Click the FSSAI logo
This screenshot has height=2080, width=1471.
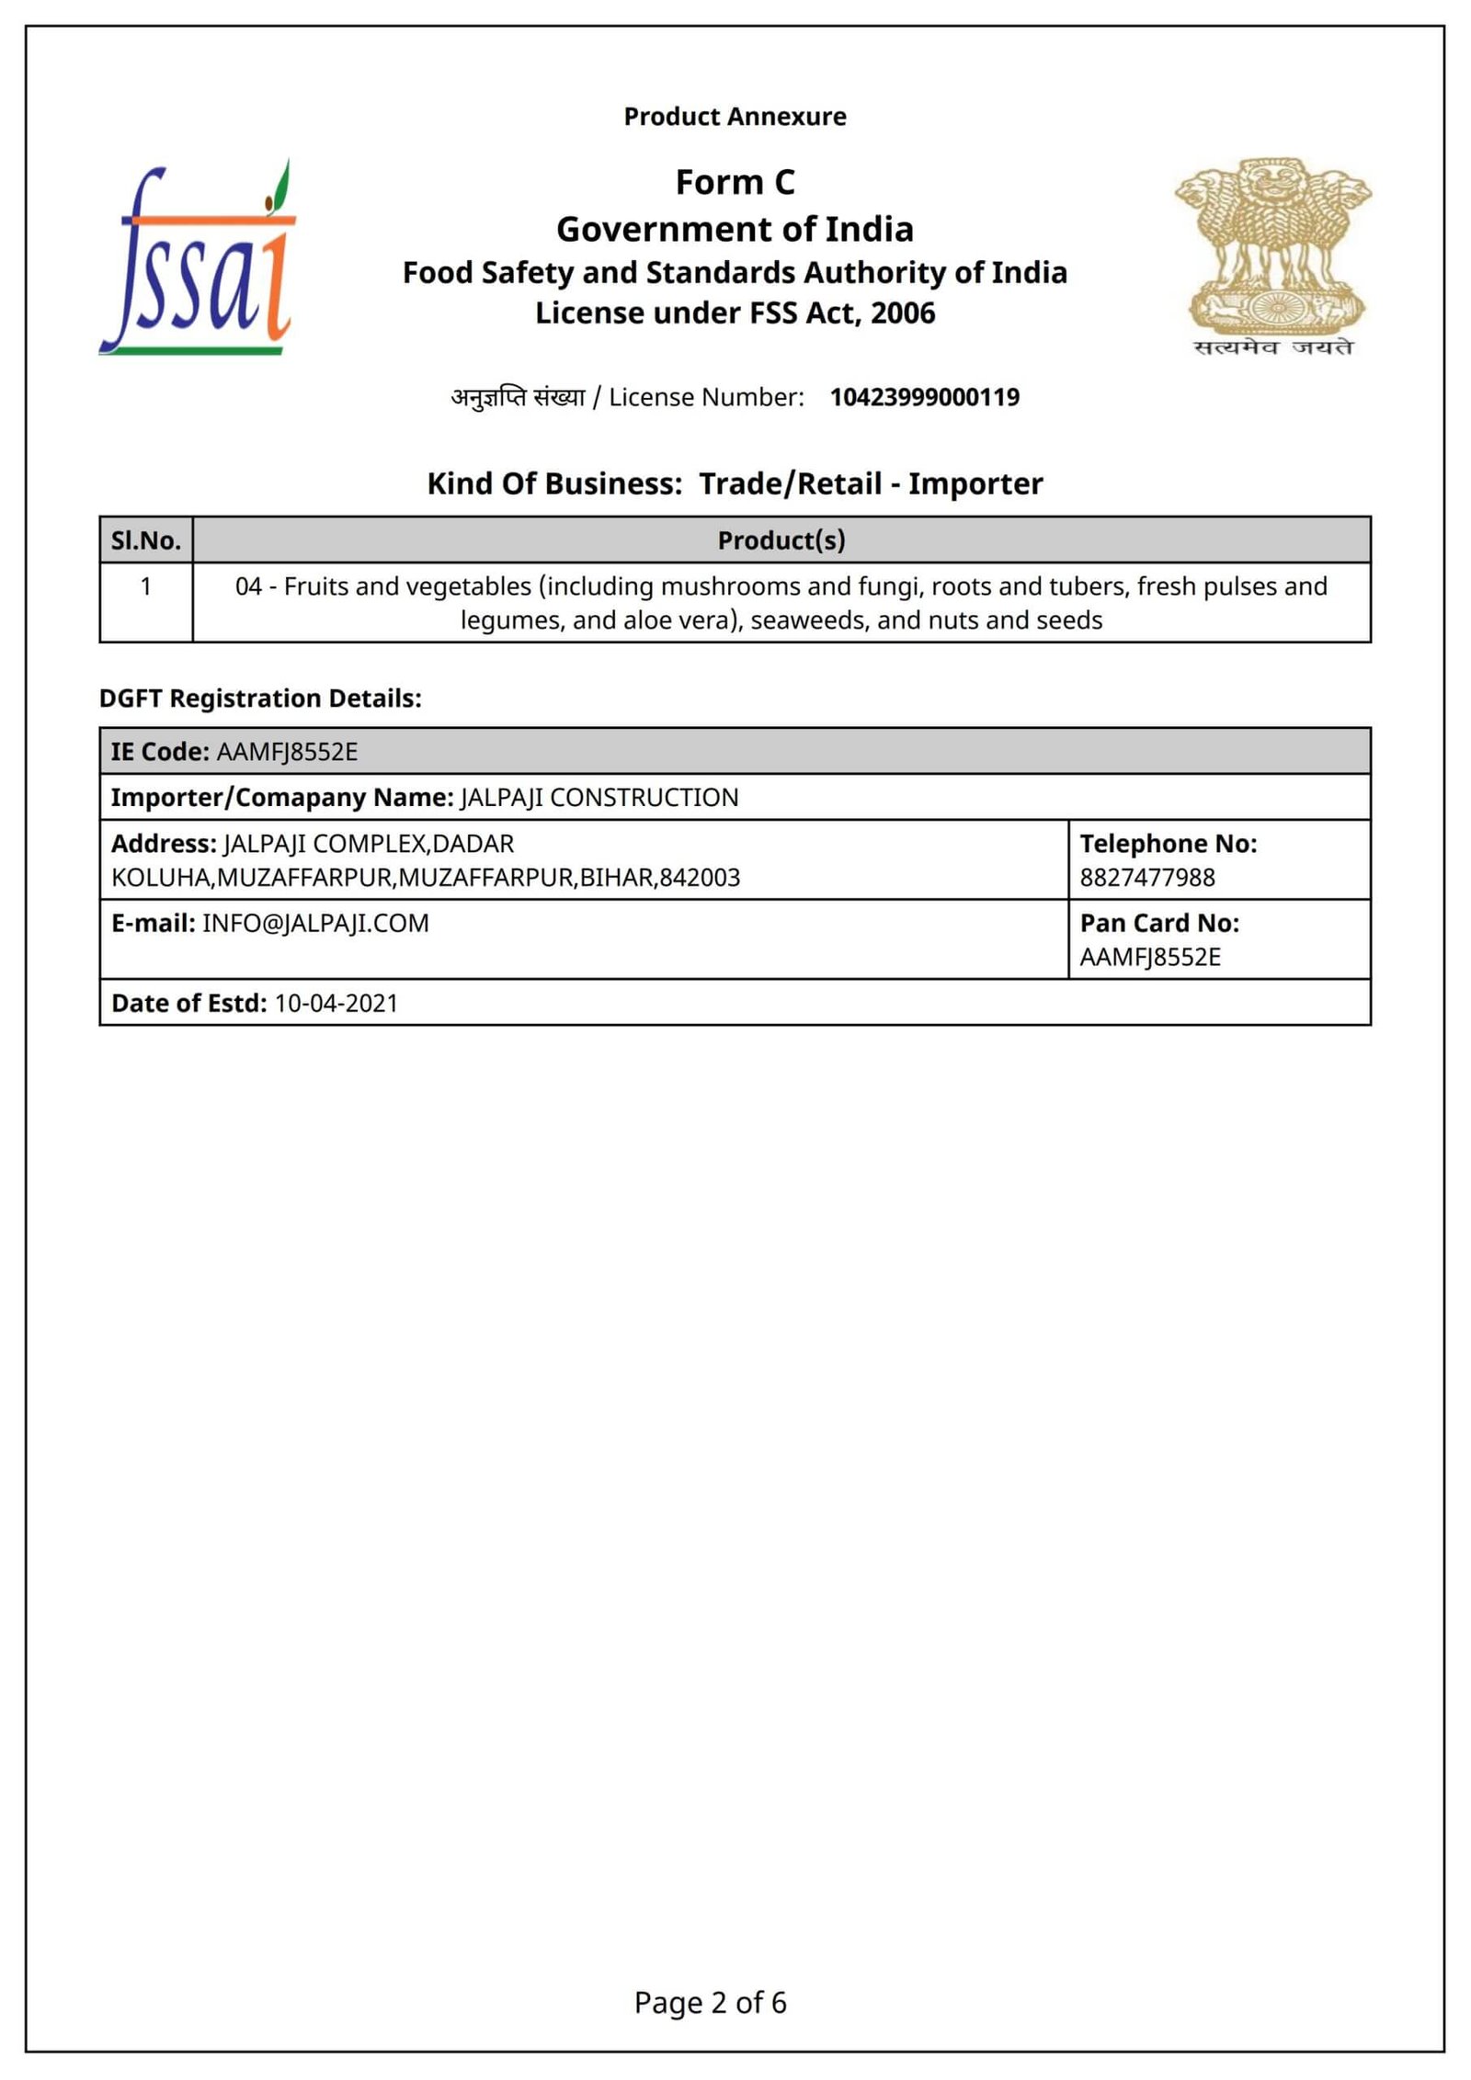pos(199,259)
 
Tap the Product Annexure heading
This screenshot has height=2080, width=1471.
pos(735,117)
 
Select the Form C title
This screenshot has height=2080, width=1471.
pos(735,182)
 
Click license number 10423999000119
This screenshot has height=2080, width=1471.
pos(924,397)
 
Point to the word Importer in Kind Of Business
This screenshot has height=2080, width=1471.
pos(975,483)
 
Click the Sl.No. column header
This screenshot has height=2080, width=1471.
pos(146,540)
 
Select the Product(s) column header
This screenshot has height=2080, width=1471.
pos(781,540)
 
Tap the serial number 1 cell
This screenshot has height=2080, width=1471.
pos(146,586)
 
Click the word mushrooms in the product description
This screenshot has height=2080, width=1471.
pos(731,586)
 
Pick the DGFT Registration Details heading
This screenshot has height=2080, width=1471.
pos(260,699)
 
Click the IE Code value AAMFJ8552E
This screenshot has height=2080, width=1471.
pos(287,752)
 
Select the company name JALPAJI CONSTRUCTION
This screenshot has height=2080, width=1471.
pos(599,798)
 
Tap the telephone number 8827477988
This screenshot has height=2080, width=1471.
pos(1146,878)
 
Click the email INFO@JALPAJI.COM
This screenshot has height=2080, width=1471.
pos(315,924)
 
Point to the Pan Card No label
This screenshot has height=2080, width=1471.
pos(1159,923)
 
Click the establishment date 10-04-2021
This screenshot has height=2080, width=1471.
pos(336,1004)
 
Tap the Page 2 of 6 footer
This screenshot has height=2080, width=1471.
pos(710,2003)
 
